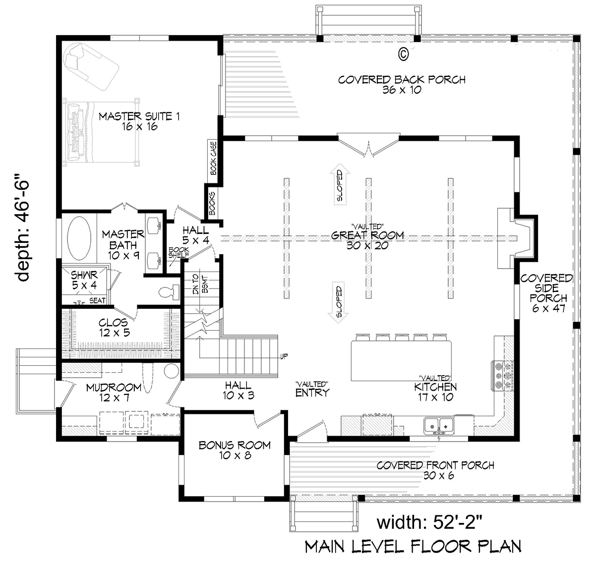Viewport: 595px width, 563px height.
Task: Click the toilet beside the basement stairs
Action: point(170,292)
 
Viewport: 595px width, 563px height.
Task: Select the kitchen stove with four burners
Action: point(502,376)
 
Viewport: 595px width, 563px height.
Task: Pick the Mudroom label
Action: point(114,393)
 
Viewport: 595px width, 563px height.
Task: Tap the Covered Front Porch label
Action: point(435,470)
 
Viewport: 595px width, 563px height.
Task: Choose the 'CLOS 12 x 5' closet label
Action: point(113,328)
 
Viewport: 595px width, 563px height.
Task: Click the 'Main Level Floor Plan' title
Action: point(413,546)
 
